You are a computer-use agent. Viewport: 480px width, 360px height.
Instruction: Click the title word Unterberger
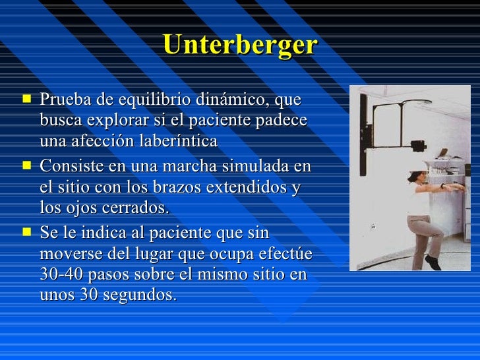click(240, 45)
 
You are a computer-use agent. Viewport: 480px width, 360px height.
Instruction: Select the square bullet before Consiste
click(26, 165)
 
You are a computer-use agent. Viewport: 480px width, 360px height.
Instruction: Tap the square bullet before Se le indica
click(26, 231)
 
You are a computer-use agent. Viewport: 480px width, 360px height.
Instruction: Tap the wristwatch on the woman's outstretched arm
click(442, 187)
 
